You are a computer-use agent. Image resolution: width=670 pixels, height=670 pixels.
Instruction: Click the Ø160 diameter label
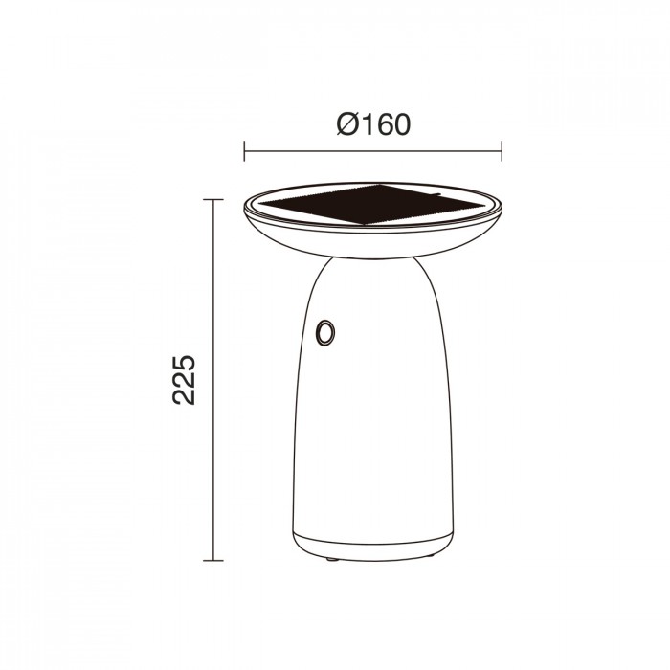point(373,124)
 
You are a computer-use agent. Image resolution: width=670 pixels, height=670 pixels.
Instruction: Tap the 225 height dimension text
point(185,379)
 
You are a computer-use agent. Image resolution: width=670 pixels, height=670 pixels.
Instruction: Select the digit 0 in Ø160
point(400,124)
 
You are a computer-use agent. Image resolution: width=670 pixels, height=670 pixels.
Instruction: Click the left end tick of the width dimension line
point(245,149)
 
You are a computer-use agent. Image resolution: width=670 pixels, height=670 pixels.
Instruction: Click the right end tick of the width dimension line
point(502,149)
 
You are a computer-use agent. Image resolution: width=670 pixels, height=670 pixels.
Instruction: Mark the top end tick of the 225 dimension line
point(212,199)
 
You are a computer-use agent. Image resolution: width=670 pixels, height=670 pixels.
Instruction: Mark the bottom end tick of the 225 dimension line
point(212,560)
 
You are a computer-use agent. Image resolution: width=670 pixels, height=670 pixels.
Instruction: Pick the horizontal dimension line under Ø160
point(373,149)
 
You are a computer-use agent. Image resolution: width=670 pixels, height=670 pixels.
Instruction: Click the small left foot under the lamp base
point(331,557)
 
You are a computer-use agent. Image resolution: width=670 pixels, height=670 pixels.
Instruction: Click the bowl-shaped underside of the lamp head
point(373,241)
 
